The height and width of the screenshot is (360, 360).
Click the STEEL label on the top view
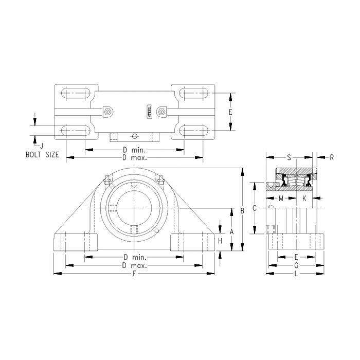pos(149,112)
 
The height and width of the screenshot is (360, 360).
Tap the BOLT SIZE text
pos(42,154)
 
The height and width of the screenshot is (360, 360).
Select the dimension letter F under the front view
pos(134,274)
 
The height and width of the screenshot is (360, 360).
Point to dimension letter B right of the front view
pos(242,210)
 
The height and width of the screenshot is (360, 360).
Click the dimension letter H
pos(220,241)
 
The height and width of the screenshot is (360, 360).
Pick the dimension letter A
pos(231,231)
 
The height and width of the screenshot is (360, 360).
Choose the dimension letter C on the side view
pos(255,208)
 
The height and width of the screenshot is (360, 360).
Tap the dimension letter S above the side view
pos(289,157)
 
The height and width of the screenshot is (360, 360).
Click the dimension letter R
pos(332,157)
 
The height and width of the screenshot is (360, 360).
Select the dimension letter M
pos(281,199)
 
